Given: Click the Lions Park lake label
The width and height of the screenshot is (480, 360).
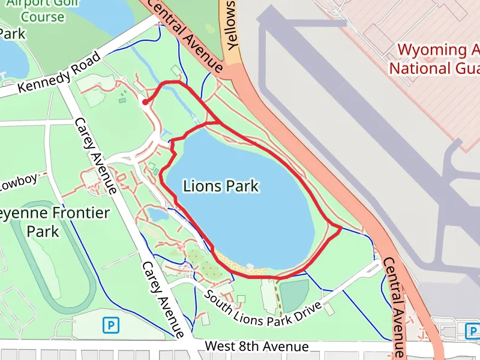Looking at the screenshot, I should point(221,186).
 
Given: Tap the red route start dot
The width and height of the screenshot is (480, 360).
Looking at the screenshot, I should point(145,103).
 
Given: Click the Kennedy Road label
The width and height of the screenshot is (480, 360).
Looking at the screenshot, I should point(59,76).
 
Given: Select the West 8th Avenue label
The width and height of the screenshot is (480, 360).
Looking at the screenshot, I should point(256,347).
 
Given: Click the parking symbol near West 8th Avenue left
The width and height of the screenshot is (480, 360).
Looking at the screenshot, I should point(111,326).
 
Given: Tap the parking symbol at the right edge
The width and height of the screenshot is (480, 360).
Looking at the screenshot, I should point(473,331).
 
